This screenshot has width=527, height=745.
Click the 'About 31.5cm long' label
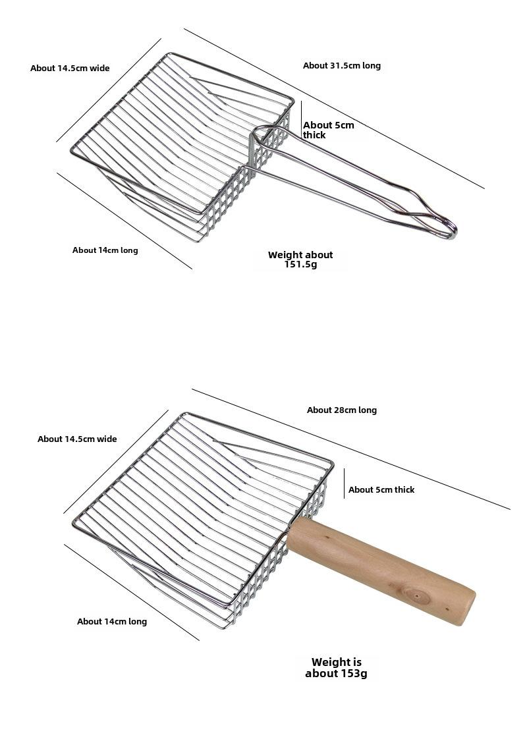coord(341,65)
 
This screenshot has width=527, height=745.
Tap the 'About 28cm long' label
coord(341,410)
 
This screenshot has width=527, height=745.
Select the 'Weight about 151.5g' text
coord(300,260)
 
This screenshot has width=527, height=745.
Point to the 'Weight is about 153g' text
coord(336,668)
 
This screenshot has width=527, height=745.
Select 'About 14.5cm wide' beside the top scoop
coord(70,69)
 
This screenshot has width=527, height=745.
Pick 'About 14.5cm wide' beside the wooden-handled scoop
coord(77,439)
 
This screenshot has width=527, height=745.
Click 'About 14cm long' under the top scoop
coord(105,250)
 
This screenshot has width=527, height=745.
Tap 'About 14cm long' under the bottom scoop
coord(111,621)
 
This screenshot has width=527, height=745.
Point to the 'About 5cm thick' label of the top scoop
coord(327,130)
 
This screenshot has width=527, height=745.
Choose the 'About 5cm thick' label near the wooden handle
coord(381,489)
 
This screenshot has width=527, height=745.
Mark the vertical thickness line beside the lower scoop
coord(344,483)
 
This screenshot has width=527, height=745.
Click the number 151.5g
coord(300,265)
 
